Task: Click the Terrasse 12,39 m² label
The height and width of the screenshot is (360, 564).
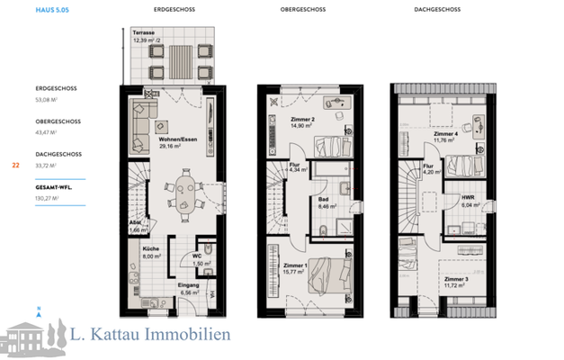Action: point(149,37)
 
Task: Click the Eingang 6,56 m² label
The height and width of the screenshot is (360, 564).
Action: point(188,289)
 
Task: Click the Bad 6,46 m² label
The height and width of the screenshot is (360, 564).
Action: point(327,202)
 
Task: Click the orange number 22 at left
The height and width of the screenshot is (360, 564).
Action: point(15,166)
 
